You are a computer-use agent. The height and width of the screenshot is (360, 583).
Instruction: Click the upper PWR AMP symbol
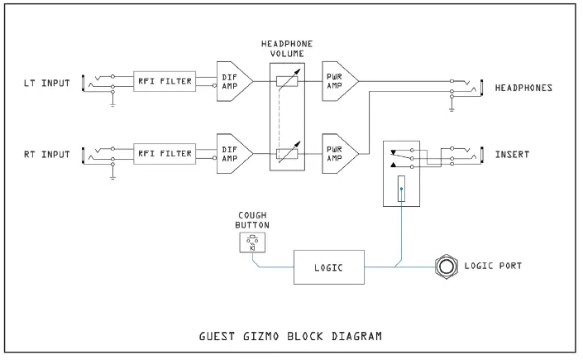coord(337,81)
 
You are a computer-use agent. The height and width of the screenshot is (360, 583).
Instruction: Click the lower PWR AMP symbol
coord(337,153)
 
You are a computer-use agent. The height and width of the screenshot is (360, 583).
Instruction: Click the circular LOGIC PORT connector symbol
coord(447,267)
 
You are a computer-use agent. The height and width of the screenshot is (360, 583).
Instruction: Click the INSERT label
coord(513,154)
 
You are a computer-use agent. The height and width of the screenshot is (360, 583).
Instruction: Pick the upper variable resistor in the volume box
coord(286,81)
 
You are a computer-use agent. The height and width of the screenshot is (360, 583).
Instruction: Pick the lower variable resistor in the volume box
coord(286,153)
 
